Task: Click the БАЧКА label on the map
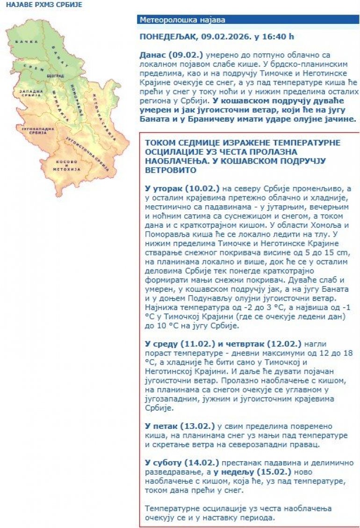pos(24,42)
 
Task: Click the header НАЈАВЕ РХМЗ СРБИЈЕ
pos(41,5)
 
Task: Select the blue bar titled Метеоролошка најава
pos(248,20)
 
